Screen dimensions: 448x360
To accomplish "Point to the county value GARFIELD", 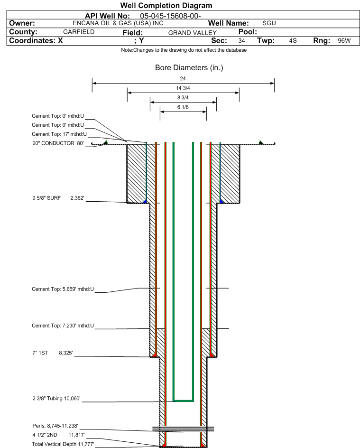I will point(79,32).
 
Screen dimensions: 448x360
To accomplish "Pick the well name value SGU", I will point(269,23).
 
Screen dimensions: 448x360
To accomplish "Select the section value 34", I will point(241,41).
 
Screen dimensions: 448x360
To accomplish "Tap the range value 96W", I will point(344,41).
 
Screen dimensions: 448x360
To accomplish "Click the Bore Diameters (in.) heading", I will point(189,68).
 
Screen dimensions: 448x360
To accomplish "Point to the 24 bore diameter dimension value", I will point(183,78).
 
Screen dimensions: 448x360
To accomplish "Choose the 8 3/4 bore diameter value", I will point(183,97).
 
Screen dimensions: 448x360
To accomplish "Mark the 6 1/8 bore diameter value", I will point(183,107).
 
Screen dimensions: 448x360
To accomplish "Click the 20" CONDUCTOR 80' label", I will point(57,143).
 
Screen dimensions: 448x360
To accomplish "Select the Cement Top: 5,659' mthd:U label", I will point(63,289).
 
